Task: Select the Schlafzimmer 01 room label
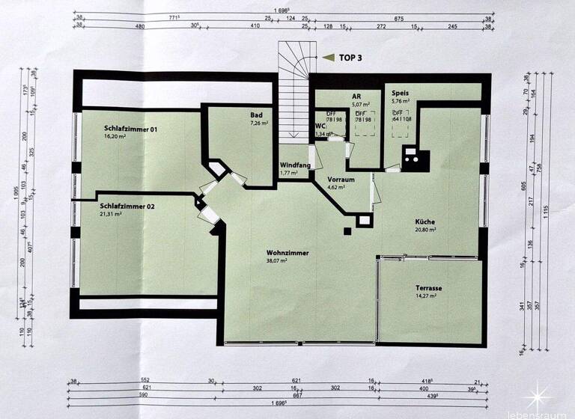pos(131,129)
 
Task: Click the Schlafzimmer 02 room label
pos(127,205)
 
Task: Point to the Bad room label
pos(257,114)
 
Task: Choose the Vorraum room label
pos(341,180)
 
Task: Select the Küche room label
pos(425,222)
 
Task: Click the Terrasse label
pos(429,288)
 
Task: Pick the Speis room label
pos(400,93)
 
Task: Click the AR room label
pos(357,97)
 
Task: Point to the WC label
pos(320,125)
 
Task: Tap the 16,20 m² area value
pos(117,138)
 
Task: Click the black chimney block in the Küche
pos(413,157)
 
